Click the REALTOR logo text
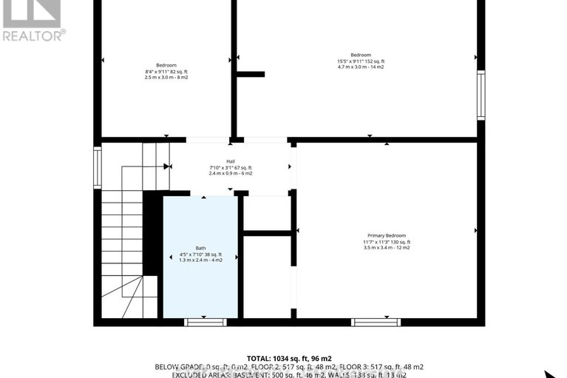[x=33, y=34]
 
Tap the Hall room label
[x=231, y=161]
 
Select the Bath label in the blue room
[x=200, y=248]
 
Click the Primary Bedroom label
[x=387, y=235]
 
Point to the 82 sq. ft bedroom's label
[x=166, y=64]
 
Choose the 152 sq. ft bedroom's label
[x=361, y=55]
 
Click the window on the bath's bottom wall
[x=205, y=322]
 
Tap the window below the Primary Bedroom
[x=376, y=322]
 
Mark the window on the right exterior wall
[x=481, y=95]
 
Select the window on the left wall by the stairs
[x=98, y=167]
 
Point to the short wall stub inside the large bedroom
[x=251, y=74]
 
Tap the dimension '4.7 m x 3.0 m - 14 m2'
[x=361, y=67]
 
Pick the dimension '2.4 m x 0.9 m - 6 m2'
[x=231, y=174]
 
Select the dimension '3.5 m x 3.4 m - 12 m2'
[x=387, y=248]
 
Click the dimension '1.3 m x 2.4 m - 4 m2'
[x=200, y=260]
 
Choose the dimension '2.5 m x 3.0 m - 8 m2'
[x=166, y=77]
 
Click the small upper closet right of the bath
[x=267, y=213]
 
